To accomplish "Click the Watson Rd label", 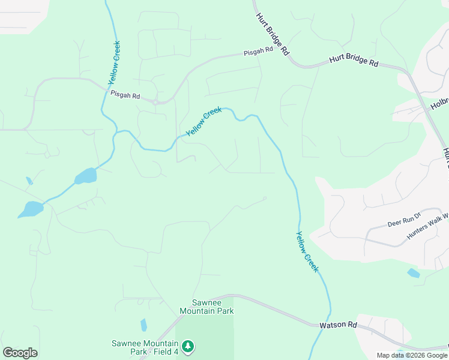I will click(x=338, y=325).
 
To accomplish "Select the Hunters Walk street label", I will click(x=427, y=226).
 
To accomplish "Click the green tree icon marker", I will click(x=188, y=347).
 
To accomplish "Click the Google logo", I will click(x=20, y=353).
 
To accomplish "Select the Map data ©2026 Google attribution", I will click(x=412, y=355).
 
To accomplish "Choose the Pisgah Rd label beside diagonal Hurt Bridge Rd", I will click(x=258, y=52).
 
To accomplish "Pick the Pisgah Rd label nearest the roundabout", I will click(x=125, y=95).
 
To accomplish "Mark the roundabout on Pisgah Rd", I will click(x=155, y=102).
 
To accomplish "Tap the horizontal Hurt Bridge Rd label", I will click(x=354, y=62).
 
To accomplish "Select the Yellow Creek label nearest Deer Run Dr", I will click(x=307, y=252).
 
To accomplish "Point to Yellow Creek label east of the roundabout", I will click(x=203, y=121).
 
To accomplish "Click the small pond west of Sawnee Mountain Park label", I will click(x=143, y=325).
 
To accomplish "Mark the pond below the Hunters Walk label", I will click(x=413, y=273).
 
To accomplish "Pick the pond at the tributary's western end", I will click(x=30, y=209).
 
